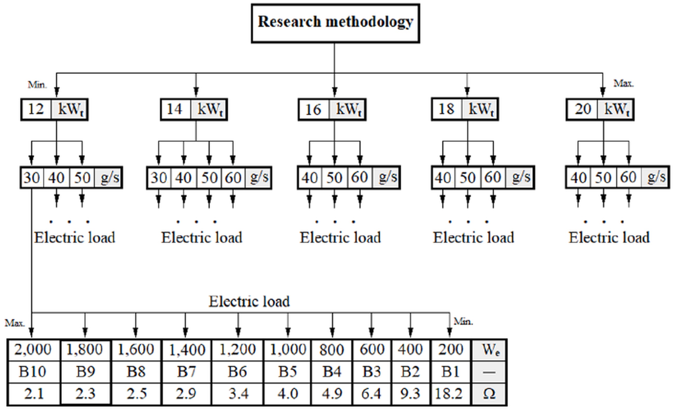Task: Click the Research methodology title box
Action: click(x=335, y=23)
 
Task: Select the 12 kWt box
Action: click(x=54, y=109)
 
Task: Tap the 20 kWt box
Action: click(x=600, y=109)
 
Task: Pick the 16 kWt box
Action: click(x=332, y=109)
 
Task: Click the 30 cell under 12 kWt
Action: click(x=32, y=178)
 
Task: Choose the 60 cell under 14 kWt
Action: click(x=233, y=178)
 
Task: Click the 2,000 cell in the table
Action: click(x=33, y=349)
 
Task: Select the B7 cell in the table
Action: click(x=186, y=372)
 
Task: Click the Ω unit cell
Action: click(x=489, y=394)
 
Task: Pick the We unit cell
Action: click(x=489, y=350)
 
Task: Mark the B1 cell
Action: click(x=450, y=372)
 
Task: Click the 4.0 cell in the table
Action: click(x=288, y=394)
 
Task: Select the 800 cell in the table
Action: click(x=332, y=350)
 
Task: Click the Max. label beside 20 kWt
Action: click(x=624, y=83)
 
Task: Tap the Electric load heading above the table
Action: click(x=249, y=302)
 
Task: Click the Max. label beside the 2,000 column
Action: click(x=15, y=323)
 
